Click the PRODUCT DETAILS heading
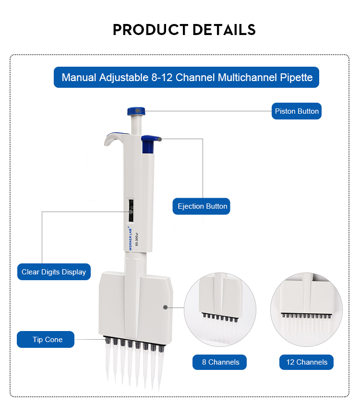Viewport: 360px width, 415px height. pyautogui.click(x=184, y=30)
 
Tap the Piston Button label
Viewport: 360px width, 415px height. pyautogui.click(x=296, y=111)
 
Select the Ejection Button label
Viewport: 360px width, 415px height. pyautogui.click(x=202, y=206)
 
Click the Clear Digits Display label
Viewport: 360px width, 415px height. pyautogui.click(x=54, y=272)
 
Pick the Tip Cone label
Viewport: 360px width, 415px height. pyautogui.click(x=47, y=340)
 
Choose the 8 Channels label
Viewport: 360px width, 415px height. pyautogui.click(x=220, y=362)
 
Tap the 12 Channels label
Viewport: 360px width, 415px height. pyautogui.click(x=306, y=362)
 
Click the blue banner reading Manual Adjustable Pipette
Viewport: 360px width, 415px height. pyautogui.click(x=187, y=77)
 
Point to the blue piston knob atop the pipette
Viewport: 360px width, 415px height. pyautogui.click(x=136, y=111)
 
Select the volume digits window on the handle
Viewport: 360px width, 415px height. pyautogui.click(x=131, y=211)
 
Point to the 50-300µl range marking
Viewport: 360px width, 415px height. pyautogui.click(x=137, y=238)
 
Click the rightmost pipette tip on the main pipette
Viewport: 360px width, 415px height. pyautogui.click(x=160, y=367)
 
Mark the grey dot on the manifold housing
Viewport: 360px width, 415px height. pyautogui.click(x=165, y=307)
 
